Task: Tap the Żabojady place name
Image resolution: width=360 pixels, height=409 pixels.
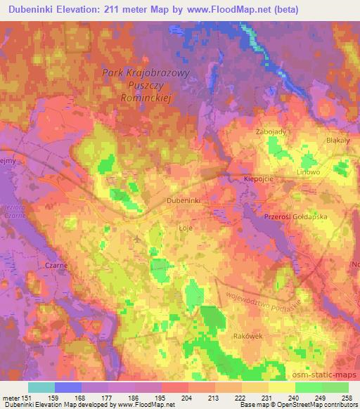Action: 271,131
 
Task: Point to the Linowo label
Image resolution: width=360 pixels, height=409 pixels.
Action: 308,171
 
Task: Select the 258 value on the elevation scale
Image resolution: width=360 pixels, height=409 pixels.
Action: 348,397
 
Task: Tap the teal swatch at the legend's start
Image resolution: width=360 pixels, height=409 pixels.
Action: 41,387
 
